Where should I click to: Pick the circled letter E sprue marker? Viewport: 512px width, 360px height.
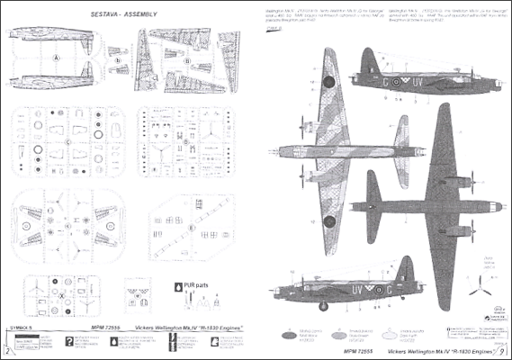(192, 228)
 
